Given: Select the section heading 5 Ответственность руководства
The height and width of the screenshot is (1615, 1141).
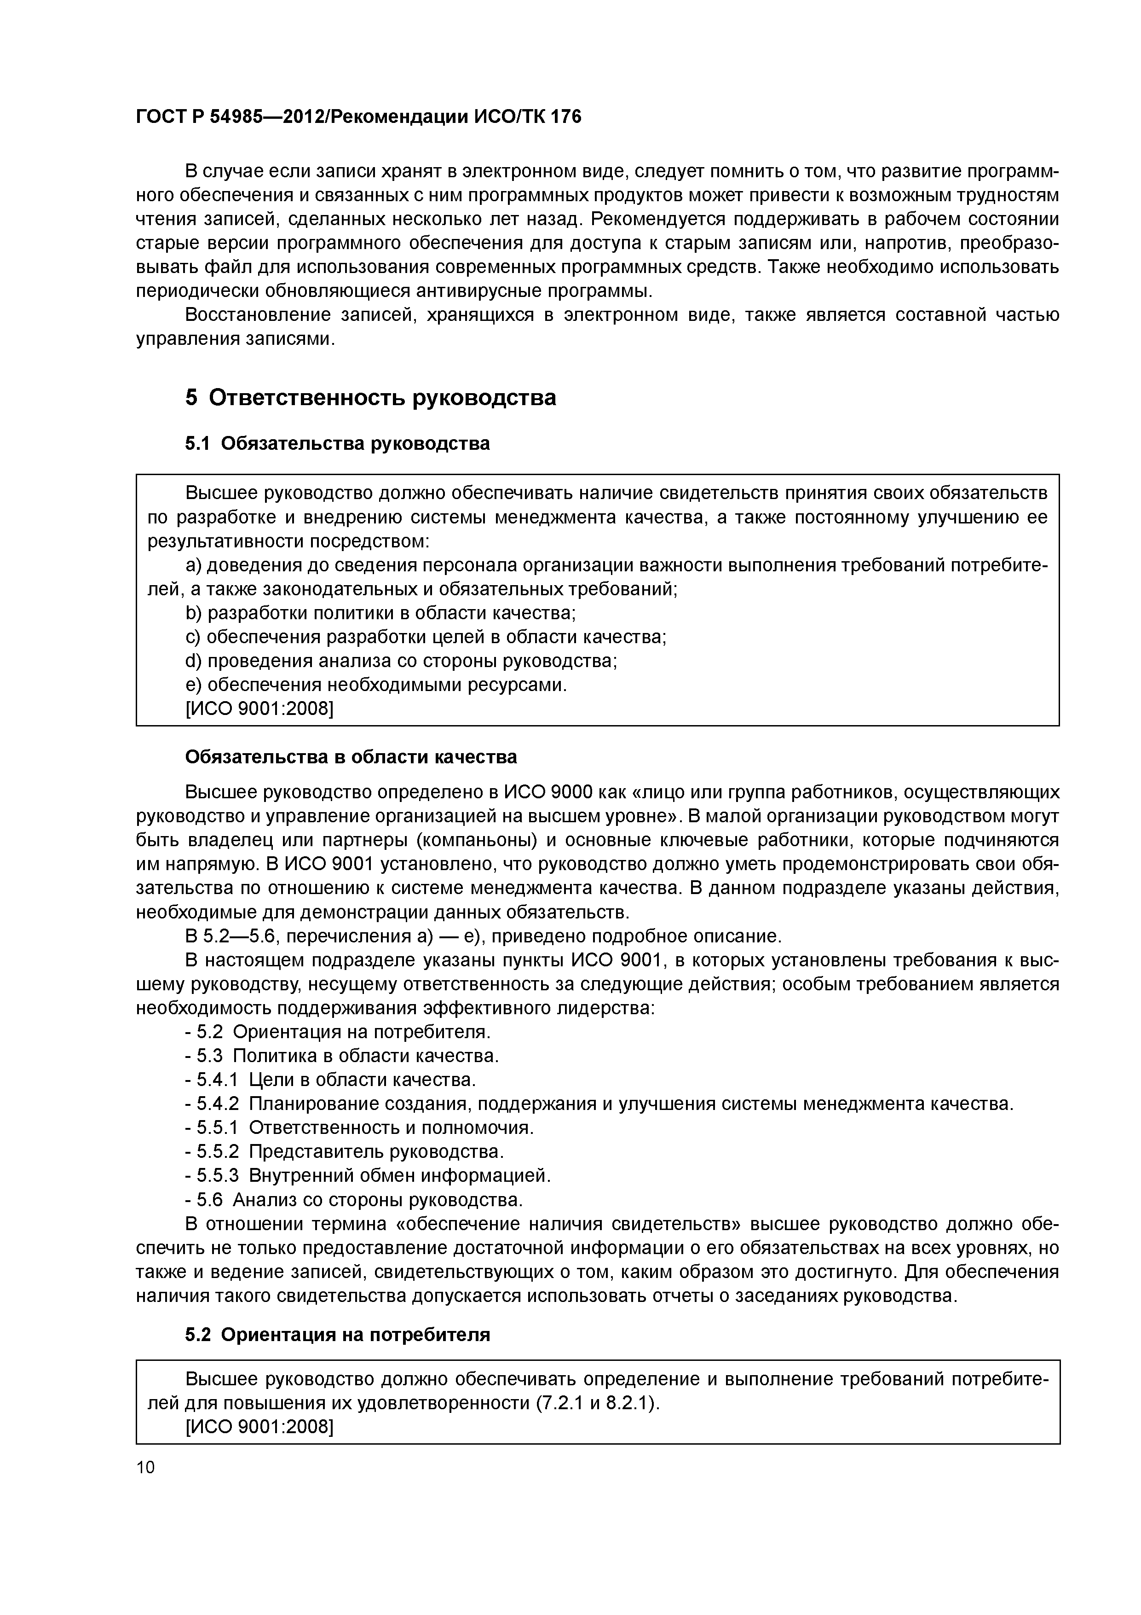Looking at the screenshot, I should pyautogui.click(x=370, y=398).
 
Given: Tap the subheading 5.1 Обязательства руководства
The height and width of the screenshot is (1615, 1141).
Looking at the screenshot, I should pyautogui.click(x=337, y=444).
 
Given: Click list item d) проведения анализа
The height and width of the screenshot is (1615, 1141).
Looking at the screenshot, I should pyautogui.click(x=401, y=661).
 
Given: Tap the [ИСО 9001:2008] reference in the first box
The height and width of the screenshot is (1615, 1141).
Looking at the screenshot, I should pyautogui.click(x=259, y=709).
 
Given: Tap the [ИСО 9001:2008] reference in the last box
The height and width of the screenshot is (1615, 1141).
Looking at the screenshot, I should pyautogui.click(x=259, y=1427).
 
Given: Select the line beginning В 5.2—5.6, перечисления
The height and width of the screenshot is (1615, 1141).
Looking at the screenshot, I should pyautogui.click(x=483, y=937).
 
